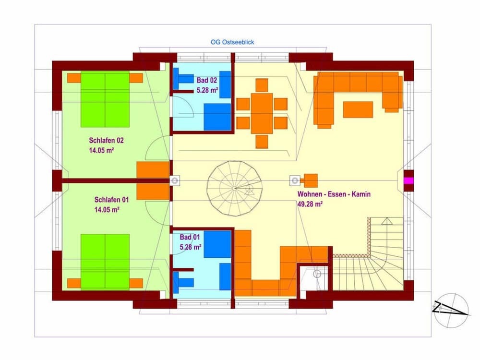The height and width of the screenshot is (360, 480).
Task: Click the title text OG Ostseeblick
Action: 232,42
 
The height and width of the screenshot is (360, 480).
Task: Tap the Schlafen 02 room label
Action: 106,141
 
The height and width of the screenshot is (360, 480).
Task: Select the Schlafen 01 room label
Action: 111,200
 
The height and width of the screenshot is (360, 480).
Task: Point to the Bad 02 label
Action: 206,80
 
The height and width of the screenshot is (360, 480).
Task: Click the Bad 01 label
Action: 190,237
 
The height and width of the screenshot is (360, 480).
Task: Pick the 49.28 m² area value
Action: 310,204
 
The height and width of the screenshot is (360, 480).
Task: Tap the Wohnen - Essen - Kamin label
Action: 334,194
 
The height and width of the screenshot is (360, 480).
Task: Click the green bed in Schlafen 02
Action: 105,100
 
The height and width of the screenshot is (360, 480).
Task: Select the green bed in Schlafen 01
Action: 105,262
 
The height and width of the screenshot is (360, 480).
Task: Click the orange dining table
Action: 262,114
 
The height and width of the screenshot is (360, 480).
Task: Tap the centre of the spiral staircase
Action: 235,188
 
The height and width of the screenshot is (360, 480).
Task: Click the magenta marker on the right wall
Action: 408,180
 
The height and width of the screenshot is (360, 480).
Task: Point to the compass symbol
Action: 451,311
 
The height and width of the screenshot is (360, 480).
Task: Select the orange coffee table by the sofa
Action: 358,109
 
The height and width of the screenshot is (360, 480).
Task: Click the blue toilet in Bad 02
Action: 181,79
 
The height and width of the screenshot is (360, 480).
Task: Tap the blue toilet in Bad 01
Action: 181,282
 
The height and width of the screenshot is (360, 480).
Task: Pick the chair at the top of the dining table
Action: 262,85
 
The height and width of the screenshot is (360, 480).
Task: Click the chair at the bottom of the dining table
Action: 262,142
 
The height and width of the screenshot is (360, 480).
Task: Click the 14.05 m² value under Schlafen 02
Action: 101,150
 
